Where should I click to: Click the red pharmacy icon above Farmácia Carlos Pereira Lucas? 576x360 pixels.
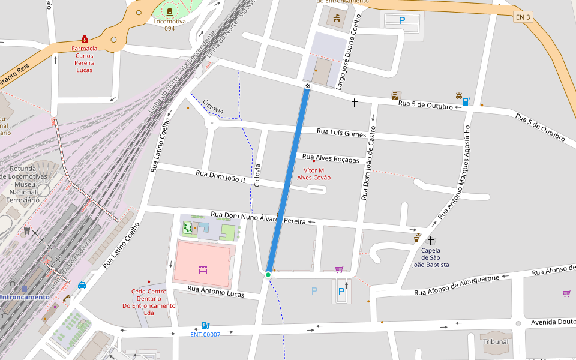click(x=85, y=38)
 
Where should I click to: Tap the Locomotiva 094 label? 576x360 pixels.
click(x=169, y=25)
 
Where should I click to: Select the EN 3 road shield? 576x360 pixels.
click(x=523, y=17)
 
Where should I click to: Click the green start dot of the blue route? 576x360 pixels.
click(x=268, y=275)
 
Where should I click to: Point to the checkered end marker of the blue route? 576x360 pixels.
click(x=308, y=87)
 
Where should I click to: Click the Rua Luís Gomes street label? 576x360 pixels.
click(x=341, y=133)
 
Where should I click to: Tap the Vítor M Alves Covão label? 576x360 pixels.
click(x=313, y=173)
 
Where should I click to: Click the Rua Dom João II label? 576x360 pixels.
click(x=220, y=176)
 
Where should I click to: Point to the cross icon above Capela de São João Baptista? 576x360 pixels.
click(x=430, y=240)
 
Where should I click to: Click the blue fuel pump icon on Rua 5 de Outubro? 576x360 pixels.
click(x=466, y=101)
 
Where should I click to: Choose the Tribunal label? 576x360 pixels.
click(x=495, y=342)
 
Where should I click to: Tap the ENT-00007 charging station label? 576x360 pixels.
click(x=205, y=334)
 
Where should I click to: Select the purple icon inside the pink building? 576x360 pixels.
click(x=202, y=270)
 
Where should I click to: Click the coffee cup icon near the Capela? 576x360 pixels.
click(x=417, y=238)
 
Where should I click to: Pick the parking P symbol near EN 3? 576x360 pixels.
click(x=401, y=20)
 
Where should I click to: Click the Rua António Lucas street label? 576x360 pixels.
click(x=215, y=292)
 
